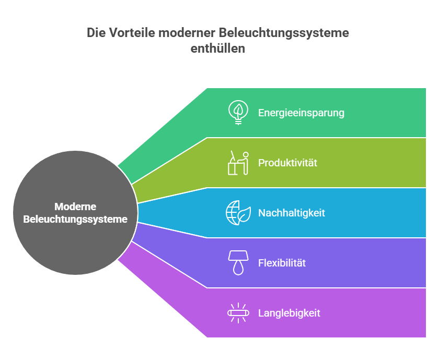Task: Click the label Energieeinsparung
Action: tap(301, 113)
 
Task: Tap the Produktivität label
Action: tap(287, 163)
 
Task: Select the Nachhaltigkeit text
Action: tap(292, 213)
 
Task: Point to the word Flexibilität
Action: tap(282, 263)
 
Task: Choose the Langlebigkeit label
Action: tap(289, 313)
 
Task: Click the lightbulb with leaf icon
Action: tap(238, 113)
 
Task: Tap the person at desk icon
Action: tap(238, 163)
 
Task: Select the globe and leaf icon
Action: tap(238, 213)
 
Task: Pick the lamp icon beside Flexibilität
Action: tap(238, 263)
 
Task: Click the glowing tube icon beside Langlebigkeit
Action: tap(238, 313)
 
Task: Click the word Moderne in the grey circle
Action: tap(75, 207)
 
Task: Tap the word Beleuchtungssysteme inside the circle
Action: tap(75, 220)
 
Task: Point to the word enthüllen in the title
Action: tap(218, 49)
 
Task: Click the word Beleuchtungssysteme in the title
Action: tap(284, 33)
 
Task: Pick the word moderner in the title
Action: tap(187, 33)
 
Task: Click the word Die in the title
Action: tap(96, 33)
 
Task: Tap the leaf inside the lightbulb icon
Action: tap(238, 110)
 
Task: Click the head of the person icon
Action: tap(246, 155)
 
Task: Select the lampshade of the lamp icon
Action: tap(238, 256)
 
